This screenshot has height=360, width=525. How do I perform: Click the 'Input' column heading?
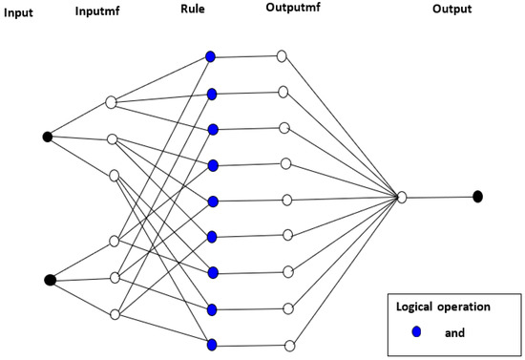[17, 11]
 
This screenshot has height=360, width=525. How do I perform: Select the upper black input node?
[48, 137]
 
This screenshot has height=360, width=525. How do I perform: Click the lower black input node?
[50, 280]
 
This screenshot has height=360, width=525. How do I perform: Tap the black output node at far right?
[477, 197]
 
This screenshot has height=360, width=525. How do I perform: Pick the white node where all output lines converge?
[402, 197]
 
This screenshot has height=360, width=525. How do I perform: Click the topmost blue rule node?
[211, 56]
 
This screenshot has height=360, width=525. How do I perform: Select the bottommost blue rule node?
[211, 345]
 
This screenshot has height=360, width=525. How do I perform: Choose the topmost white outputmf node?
[281, 56]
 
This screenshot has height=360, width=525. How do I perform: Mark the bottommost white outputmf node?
[289, 346]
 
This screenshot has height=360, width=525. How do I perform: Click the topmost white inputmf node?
[111, 102]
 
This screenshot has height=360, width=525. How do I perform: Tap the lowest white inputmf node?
[114, 314]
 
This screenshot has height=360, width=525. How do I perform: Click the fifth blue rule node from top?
[213, 201]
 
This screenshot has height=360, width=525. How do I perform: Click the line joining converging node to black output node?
[439, 197]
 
